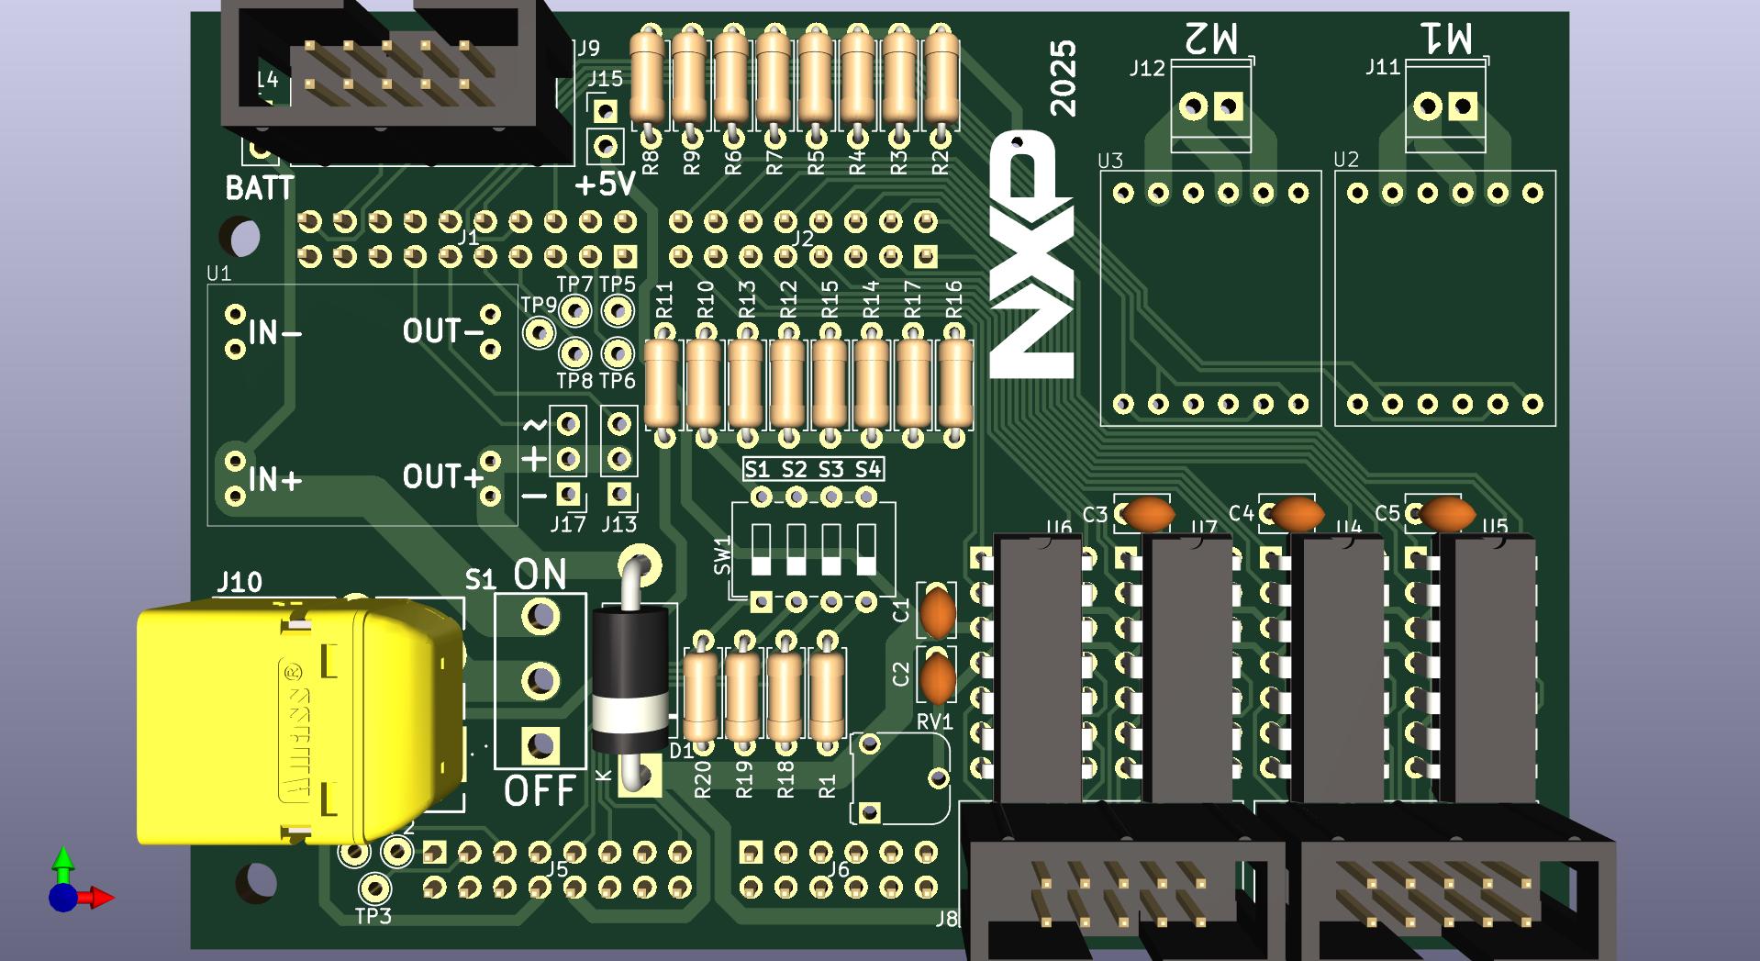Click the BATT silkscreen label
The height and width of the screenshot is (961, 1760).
click(260, 189)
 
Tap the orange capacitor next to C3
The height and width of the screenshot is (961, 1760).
click(1148, 514)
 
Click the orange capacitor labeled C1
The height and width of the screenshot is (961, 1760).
click(938, 612)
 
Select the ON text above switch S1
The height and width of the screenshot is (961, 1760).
click(540, 575)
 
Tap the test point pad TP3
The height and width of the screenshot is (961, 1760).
click(373, 888)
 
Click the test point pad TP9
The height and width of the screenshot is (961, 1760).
click(539, 332)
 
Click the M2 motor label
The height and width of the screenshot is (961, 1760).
click(1211, 39)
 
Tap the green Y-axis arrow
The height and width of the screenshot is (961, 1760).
click(62, 861)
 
